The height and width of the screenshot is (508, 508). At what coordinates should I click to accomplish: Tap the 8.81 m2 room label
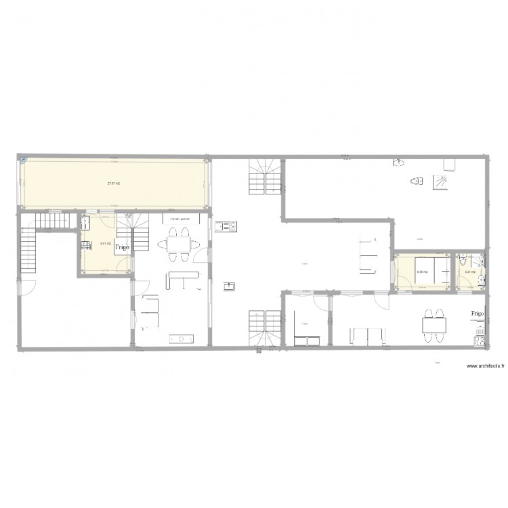[x=105, y=244]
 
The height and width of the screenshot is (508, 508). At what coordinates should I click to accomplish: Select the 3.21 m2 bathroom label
[x=468, y=273]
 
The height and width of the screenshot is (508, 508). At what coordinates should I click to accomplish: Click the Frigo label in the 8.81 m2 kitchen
[x=122, y=248]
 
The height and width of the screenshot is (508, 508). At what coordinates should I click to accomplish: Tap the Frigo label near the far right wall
[x=478, y=314]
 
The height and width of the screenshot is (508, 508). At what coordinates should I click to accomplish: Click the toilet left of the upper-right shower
[x=417, y=181]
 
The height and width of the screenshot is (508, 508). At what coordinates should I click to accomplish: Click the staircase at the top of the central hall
[x=265, y=177]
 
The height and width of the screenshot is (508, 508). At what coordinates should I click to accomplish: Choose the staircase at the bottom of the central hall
[x=265, y=328]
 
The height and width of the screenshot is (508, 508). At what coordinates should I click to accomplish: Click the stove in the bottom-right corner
[x=482, y=341]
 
